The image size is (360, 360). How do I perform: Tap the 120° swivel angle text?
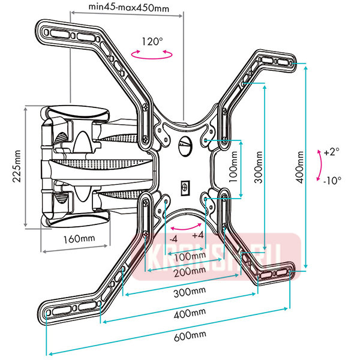pyautogui.click(x=152, y=42)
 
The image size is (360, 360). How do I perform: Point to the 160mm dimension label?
pyautogui.click(x=79, y=238)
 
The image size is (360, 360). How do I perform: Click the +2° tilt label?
pyautogui.click(x=331, y=152)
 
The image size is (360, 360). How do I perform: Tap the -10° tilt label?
pyautogui.click(x=331, y=180)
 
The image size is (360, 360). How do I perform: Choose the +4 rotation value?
pyautogui.click(x=198, y=236)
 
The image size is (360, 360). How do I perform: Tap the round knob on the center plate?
pyautogui.click(x=185, y=144)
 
